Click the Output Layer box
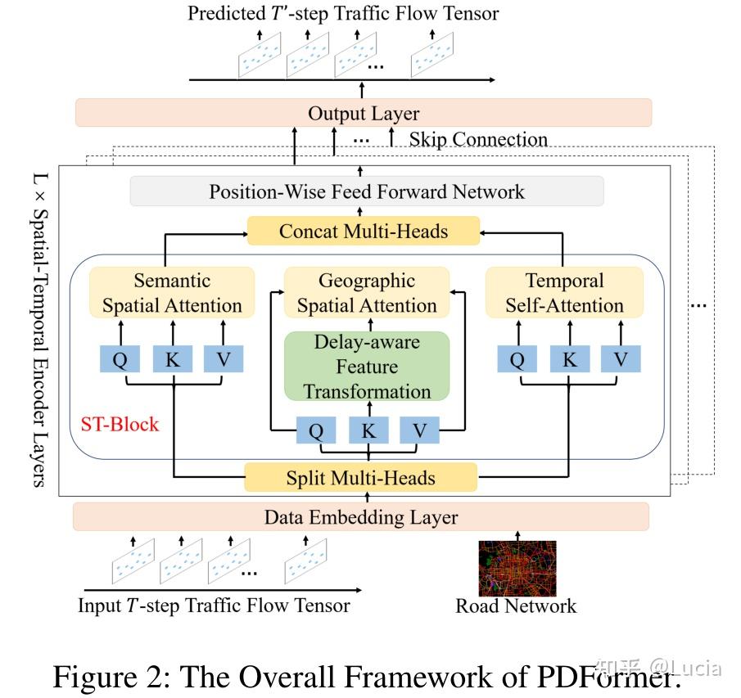364,113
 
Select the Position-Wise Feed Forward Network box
367,191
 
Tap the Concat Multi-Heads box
364,231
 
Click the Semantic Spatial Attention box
172,293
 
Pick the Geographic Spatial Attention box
367,293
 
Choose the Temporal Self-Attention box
564,293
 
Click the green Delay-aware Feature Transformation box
367,366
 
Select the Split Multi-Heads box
360,477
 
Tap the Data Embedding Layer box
361,517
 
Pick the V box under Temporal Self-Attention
621,359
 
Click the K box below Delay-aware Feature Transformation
368,430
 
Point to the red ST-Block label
120,425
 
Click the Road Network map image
517,567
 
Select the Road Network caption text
516,606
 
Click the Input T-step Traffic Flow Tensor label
214,606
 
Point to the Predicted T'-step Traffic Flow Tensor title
343,12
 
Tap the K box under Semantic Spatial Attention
173,359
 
